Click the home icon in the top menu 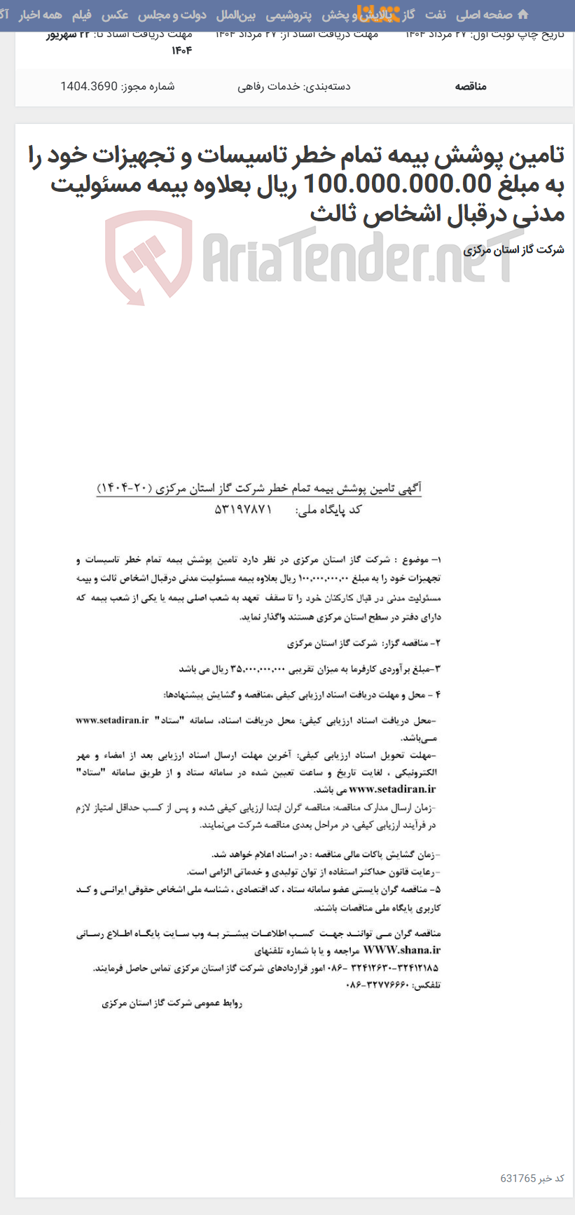[x=522, y=15]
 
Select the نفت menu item [x=435, y=15]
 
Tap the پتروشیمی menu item [x=289, y=15]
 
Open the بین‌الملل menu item [x=236, y=15]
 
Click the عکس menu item [x=115, y=15]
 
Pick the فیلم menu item [x=82, y=15]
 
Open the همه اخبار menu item [x=40, y=15]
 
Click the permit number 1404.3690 [x=88, y=86]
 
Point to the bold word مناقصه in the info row [x=471, y=86]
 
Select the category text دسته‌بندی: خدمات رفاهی [x=293, y=86]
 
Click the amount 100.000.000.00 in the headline [x=398, y=184]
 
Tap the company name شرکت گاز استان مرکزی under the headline [x=513, y=249]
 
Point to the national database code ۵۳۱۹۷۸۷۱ [x=242, y=510]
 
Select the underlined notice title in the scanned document [x=258, y=488]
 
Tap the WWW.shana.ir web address [x=402, y=950]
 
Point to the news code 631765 [x=518, y=1178]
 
